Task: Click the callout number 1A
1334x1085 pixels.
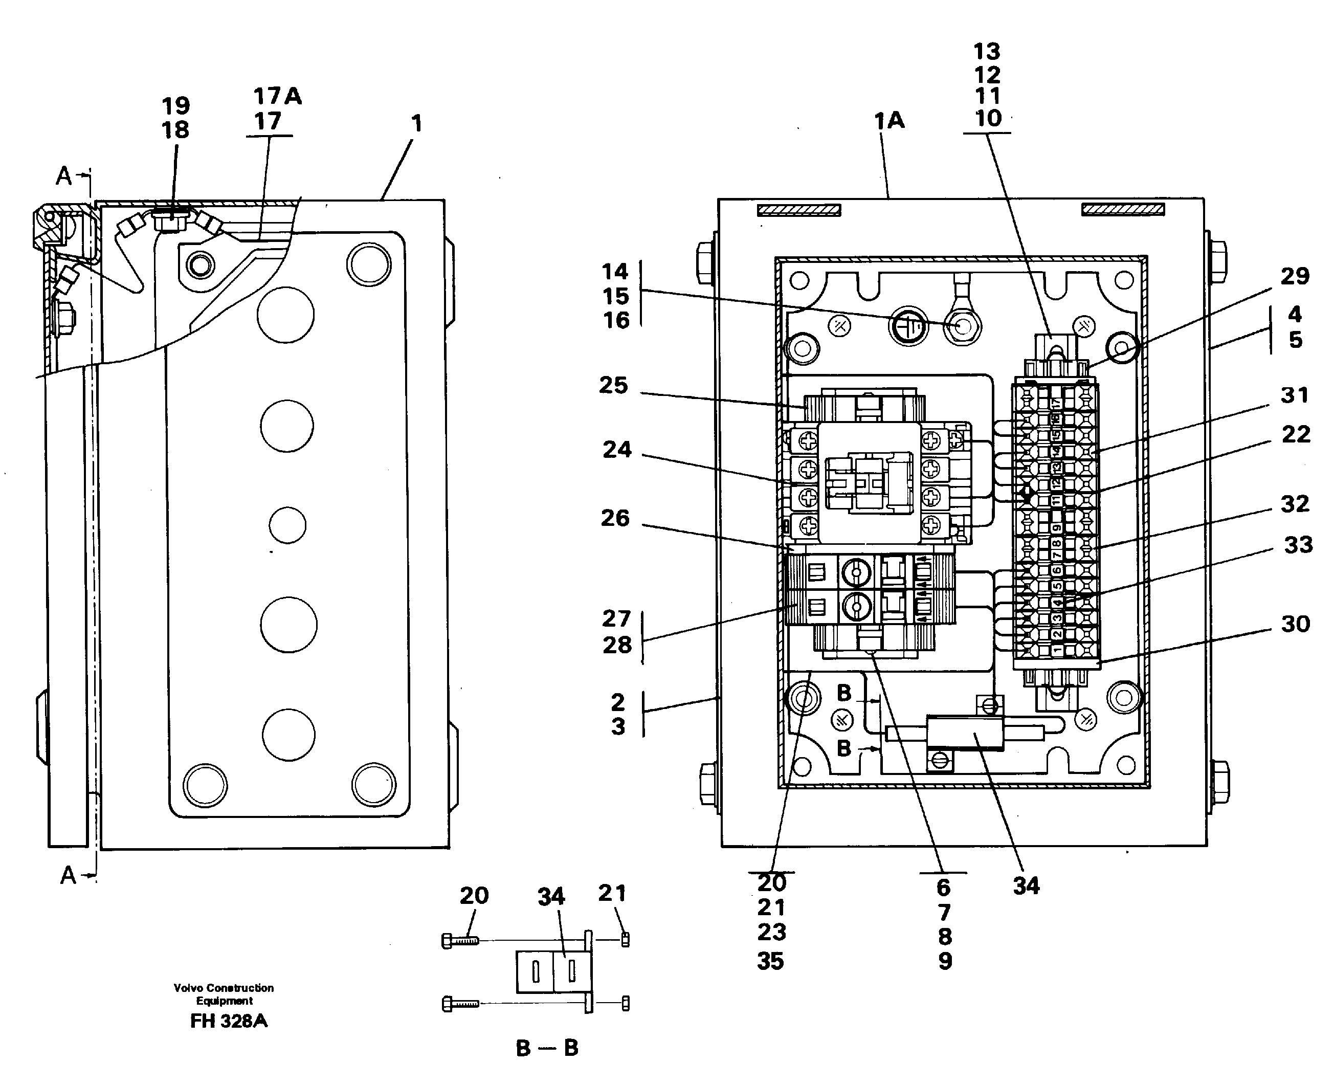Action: pyautogui.click(x=888, y=121)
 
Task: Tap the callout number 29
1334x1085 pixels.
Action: pyautogui.click(x=1294, y=276)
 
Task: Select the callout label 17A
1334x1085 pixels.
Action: pyautogui.click(x=277, y=96)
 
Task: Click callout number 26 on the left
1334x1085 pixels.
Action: pyautogui.click(x=615, y=518)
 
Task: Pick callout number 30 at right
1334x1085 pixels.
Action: pyautogui.click(x=1295, y=624)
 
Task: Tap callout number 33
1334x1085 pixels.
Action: pyautogui.click(x=1298, y=545)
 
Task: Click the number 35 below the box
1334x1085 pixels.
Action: pyautogui.click(x=770, y=961)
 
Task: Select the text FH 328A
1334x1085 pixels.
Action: pyautogui.click(x=229, y=1021)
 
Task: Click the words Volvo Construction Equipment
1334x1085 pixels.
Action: pyautogui.click(x=224, y=994)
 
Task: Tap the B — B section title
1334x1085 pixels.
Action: pyautogui.click(x=547, y=1048)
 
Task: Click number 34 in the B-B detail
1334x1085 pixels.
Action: pyautogui.click(x=551, y=897)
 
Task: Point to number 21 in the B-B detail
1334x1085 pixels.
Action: pyautogui.click(x=612, y=893)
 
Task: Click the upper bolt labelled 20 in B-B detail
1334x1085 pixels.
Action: pyautogui.click(x=460, y=940)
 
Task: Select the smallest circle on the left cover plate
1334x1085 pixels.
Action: pyautogui.click(x=287, y=524)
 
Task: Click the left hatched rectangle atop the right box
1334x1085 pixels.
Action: pyautogui.click(x=798, y=211)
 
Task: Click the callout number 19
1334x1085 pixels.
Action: pyautogui.click(x=175, y=105)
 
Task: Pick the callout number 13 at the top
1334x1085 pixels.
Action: pyautogui.click(x=987, y=51)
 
